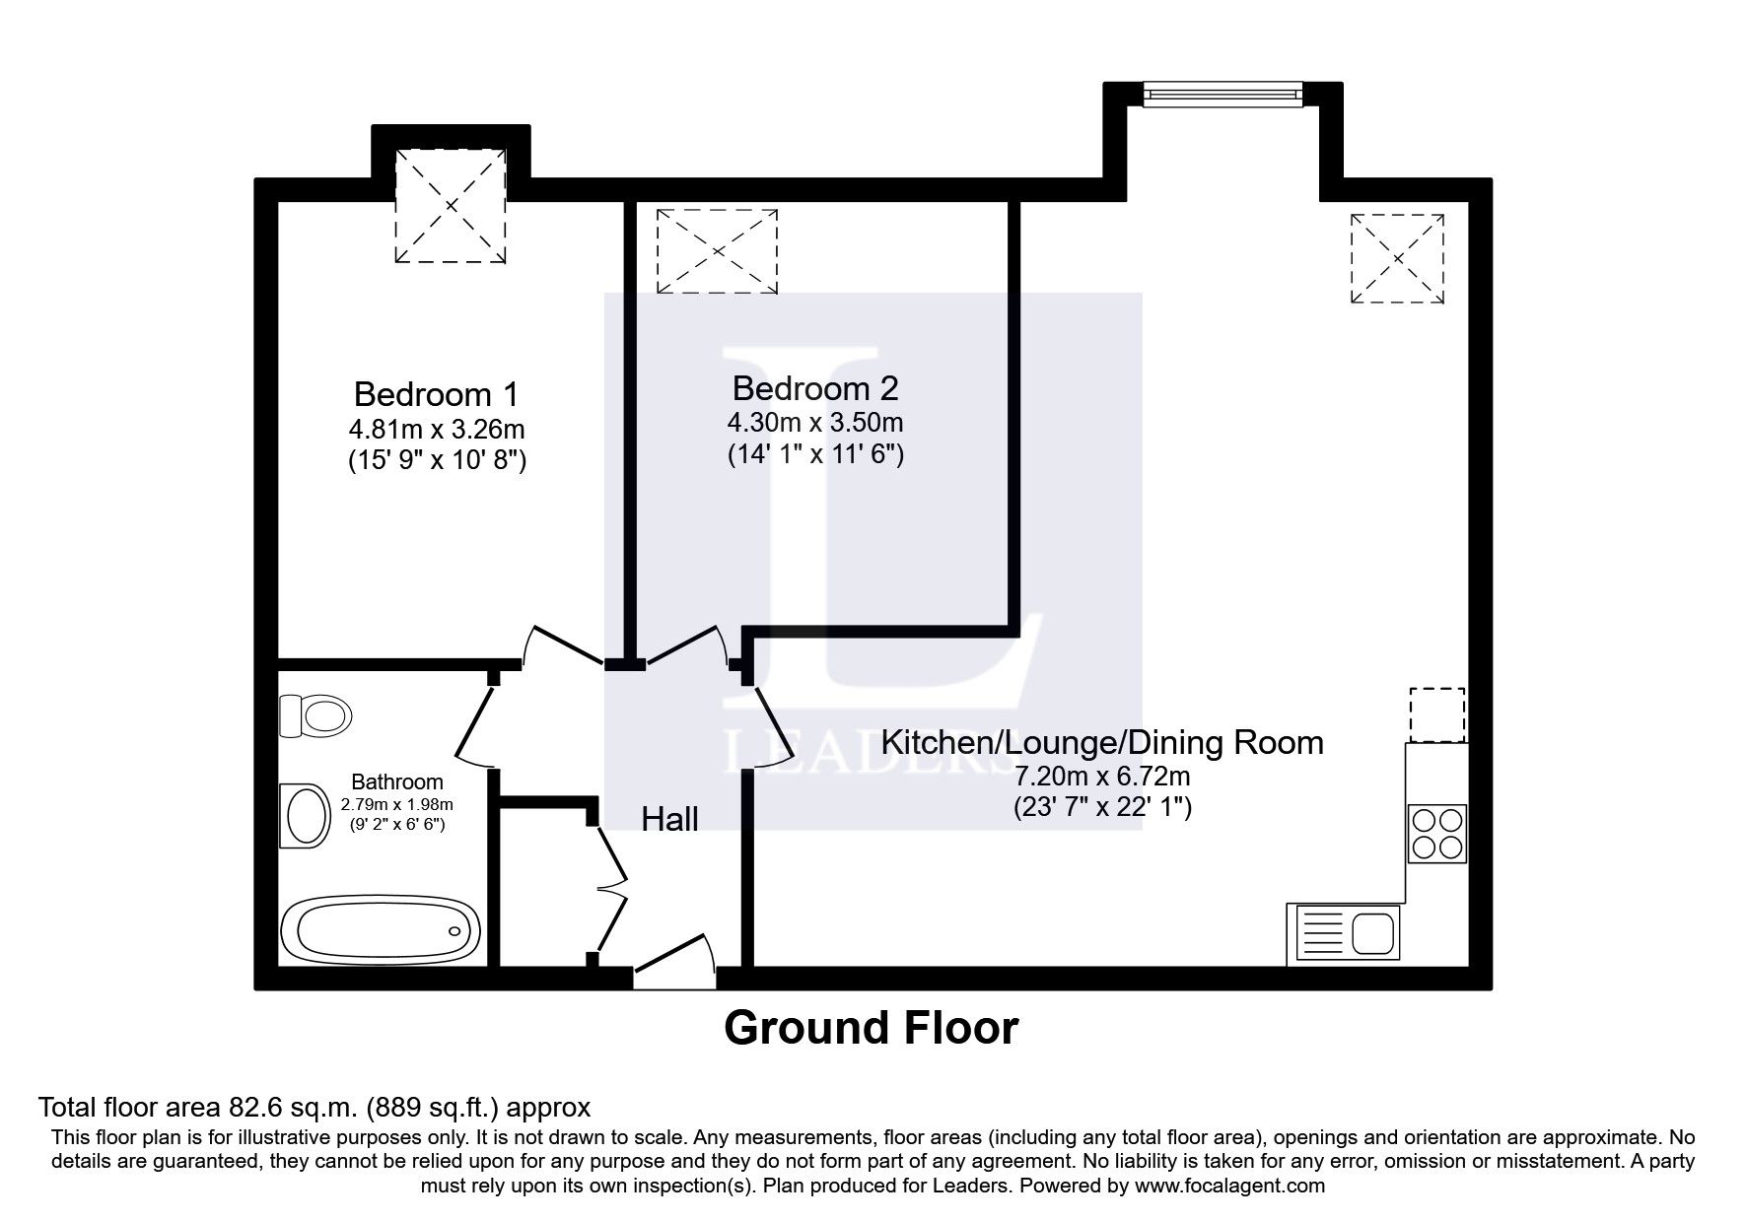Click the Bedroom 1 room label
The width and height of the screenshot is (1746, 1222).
(x=436, y=394)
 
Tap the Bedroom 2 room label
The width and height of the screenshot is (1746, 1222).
(x=815, y=388)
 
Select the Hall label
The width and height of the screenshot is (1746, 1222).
(x=670, y=818)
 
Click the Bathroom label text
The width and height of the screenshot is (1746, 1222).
(x=397, y=782)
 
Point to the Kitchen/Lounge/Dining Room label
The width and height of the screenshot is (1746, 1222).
(x=1102, y=742)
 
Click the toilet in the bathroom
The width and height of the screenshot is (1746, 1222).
(x=314, y=713)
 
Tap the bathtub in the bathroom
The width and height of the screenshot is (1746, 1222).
(x=381, y=931)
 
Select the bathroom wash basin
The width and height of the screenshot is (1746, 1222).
(x=305, y=815)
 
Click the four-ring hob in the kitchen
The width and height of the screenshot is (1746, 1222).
(x=1437, y=834)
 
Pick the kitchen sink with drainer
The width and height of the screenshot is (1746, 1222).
(x=1343, y=933)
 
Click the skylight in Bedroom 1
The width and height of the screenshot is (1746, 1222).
(x=451, y=206)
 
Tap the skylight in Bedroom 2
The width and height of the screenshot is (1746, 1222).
(x=717, y=250)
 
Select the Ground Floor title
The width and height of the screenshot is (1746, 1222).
(x=872, y=1028)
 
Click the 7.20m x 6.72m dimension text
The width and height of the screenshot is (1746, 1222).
(x=1102, y=777)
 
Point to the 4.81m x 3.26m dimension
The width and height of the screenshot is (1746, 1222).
(x=436, y=430)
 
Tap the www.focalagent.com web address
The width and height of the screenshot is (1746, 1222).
(x=1229, y=1186)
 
